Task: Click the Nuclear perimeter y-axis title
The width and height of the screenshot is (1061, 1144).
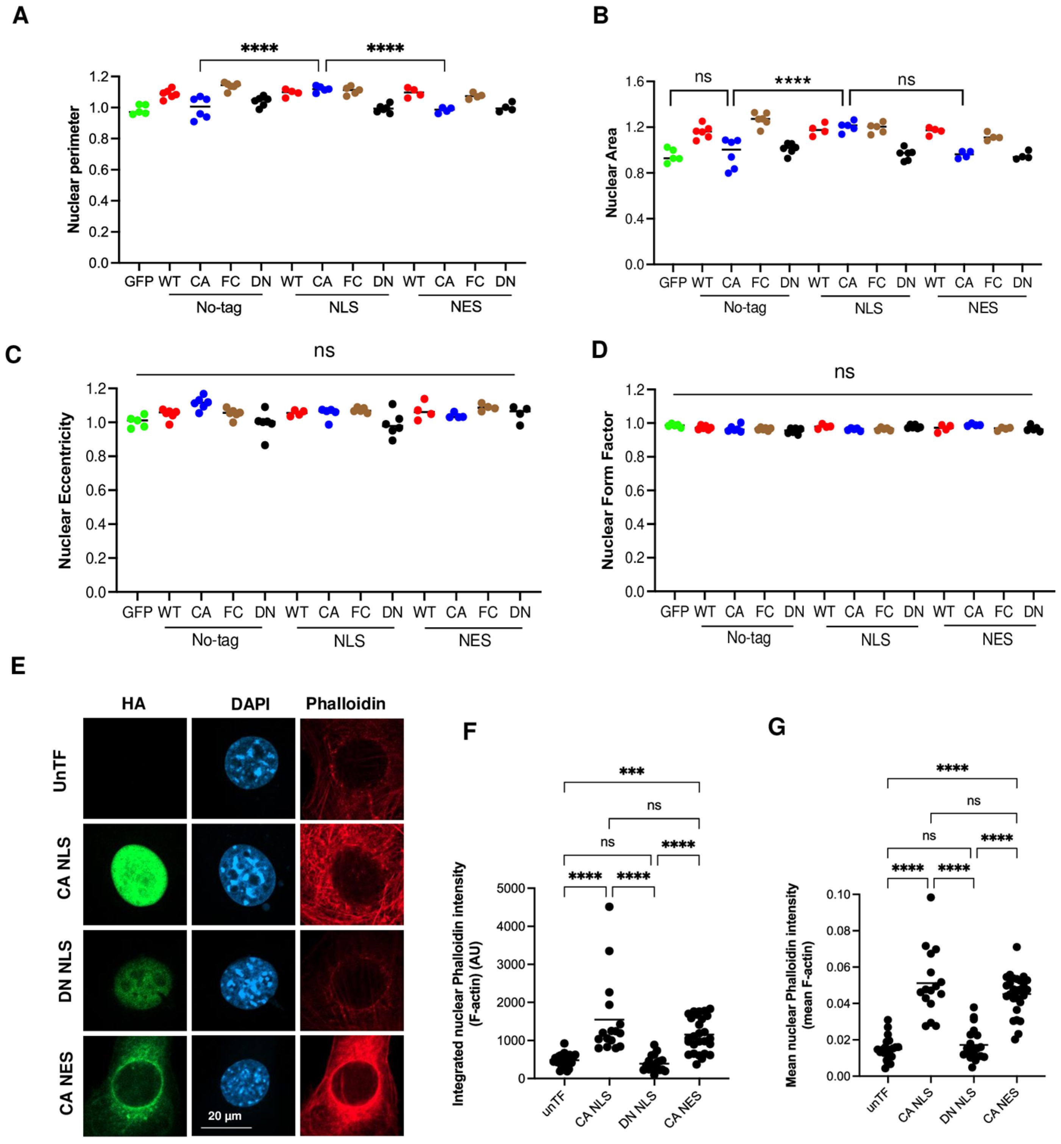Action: point(73,169)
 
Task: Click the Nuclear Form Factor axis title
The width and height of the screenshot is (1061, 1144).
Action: point(607,490)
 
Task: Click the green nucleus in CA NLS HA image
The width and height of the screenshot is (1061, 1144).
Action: point(139,874)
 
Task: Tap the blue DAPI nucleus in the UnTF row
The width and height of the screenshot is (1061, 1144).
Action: point(251,762)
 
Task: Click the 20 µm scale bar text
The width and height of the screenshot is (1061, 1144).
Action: point(225,1115)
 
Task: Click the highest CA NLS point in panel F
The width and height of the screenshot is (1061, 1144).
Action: point(609,906)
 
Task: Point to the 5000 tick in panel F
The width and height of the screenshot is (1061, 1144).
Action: point(511,888)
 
